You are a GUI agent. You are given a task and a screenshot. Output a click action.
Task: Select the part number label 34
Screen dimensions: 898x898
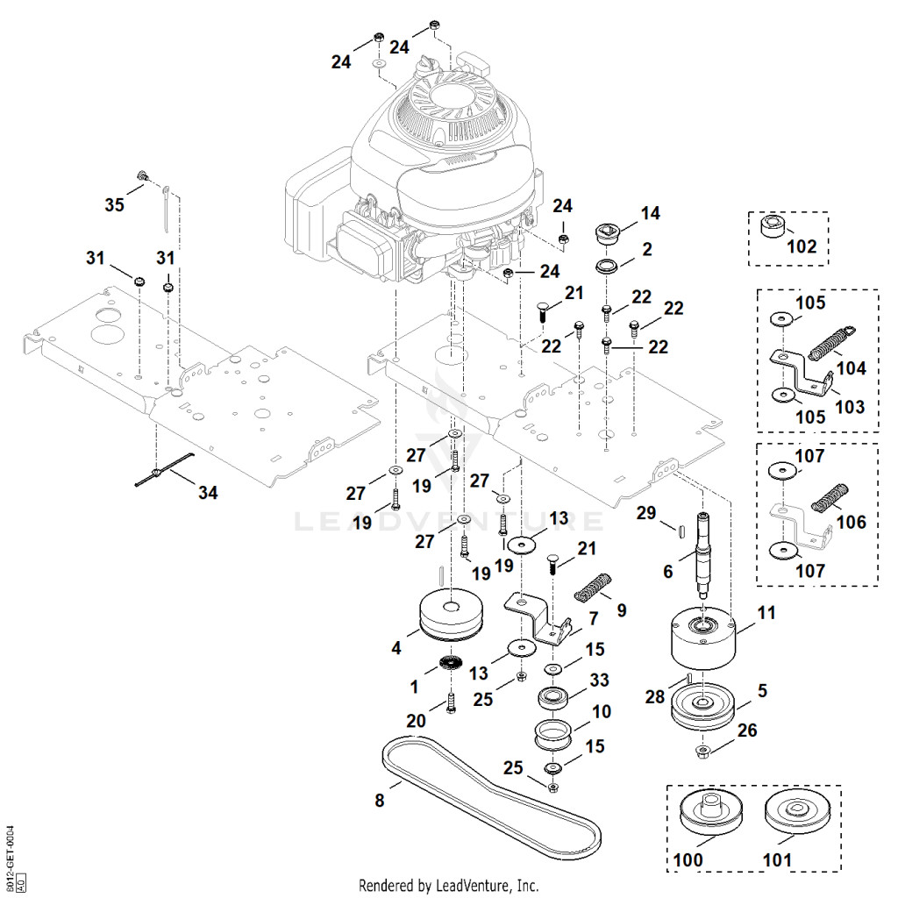(208, 493)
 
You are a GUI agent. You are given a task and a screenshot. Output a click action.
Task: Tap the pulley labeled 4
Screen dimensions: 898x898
(452, 615)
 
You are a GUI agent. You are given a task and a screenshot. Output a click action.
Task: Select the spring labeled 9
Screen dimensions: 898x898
(594, 587)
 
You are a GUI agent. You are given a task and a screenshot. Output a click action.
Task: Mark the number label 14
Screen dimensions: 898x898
(650, 213)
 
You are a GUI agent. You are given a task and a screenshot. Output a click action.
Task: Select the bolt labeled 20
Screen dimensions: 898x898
(451, 702)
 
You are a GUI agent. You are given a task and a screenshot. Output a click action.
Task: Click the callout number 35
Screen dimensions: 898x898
(115, 204)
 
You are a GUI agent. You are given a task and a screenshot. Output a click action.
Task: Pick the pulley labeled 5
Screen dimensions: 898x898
(702, 706)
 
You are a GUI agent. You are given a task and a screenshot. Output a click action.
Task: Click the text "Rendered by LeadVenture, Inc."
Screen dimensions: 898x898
(448, 886)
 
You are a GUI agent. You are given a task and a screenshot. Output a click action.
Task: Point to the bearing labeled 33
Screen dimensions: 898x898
(554, 699)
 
